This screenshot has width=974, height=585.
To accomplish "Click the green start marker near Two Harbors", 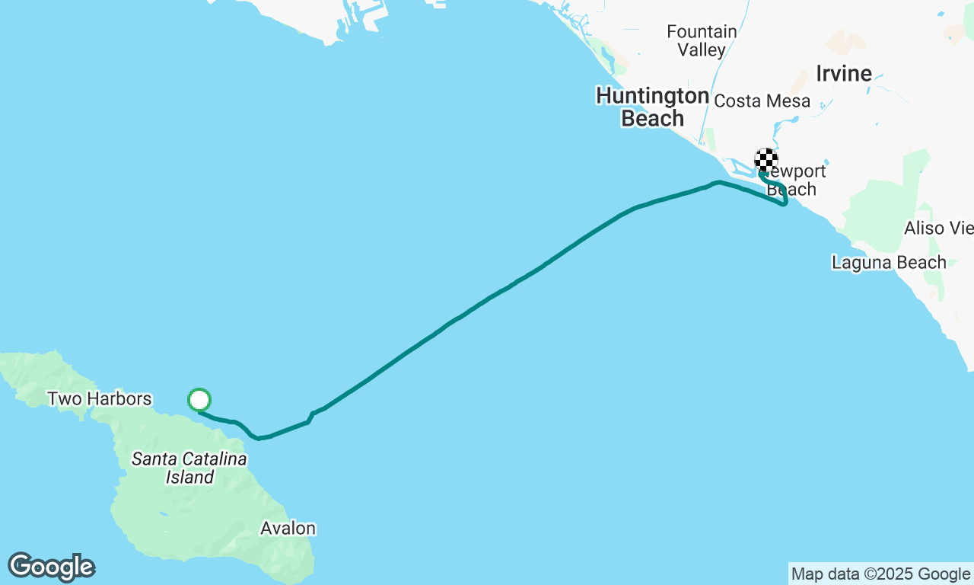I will [199, 400].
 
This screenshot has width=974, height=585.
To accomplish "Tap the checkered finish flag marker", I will [766, 160].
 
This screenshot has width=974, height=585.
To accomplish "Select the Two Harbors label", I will [99, 398].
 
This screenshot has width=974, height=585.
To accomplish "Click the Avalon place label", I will [288, 528].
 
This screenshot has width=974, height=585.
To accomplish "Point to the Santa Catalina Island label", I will [189, 468].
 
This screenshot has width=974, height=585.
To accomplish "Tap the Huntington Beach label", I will [652, 107].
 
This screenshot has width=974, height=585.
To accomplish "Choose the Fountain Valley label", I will [702, 41].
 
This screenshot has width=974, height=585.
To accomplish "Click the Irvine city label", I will [843, 74].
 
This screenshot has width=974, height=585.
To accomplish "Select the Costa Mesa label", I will [762, 101].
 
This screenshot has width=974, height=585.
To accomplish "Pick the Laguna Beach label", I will [888, 263].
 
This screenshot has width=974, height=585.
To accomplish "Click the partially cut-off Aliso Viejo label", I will [938, 229].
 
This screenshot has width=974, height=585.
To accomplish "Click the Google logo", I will [52, 567].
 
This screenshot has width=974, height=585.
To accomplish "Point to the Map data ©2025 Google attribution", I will [880, 574].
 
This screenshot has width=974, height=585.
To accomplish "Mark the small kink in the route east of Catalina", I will [310, 417].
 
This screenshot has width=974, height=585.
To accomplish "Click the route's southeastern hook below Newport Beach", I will [784, 202].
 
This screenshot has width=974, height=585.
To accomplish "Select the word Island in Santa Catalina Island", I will [189, 478].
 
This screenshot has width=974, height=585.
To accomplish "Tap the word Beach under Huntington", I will [652, 118].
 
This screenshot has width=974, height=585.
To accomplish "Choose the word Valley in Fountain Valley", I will [702, 50].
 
